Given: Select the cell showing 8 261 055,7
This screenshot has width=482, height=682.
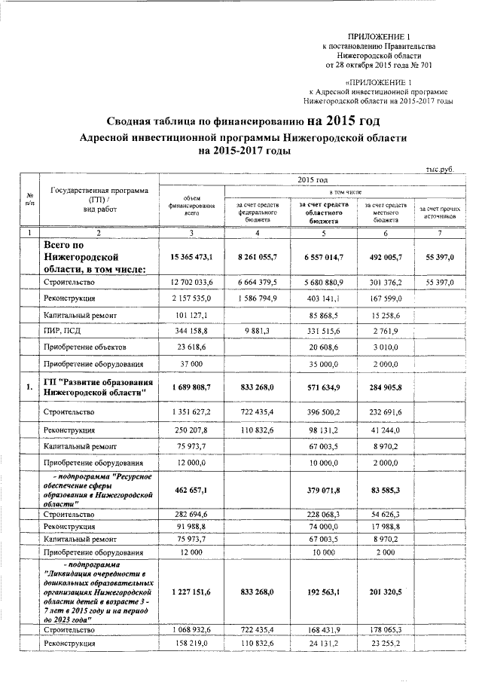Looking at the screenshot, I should click(x=258, y=258).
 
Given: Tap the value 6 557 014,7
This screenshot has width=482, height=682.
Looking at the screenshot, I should click(x=323, y=258).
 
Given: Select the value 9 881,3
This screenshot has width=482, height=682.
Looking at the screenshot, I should click(x=258, y=331).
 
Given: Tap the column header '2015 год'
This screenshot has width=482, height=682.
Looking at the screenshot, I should click(x=312, y=181).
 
